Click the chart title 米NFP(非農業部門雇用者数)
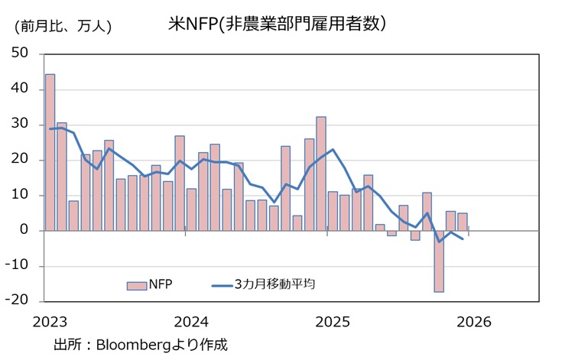(276, 24)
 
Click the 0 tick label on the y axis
(24, 230)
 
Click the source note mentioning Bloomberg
(141, 344)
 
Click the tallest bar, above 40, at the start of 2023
(50, 152)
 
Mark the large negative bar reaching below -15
(439, 261)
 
